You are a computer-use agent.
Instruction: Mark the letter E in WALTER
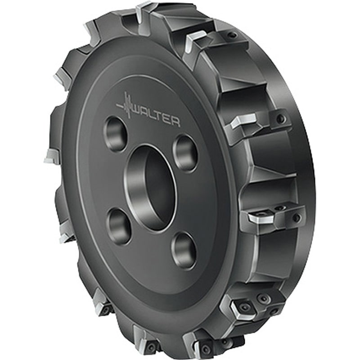(170, 121)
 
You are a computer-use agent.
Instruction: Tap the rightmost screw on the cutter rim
(297, 218)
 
